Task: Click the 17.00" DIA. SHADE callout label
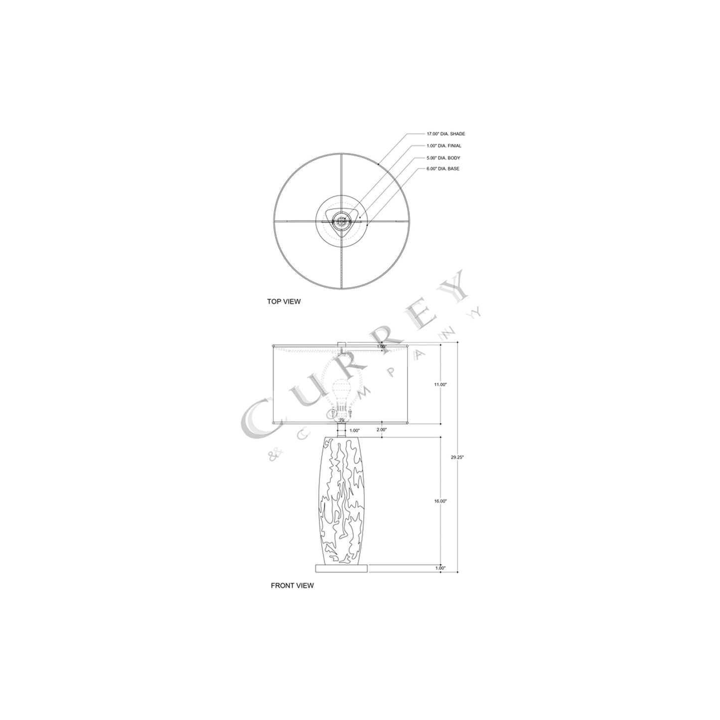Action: tap(445, 134)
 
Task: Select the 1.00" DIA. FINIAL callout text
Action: tap(443, 146)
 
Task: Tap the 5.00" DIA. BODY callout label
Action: tap(442, 158)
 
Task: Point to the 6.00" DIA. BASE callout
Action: tap(442, 169)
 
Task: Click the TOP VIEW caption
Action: tap(284, 301)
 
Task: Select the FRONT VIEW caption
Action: tap(292, 585)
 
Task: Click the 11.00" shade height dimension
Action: tap(440, 385)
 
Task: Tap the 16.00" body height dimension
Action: tap(440, 501)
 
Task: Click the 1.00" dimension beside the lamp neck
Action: tap(354, 430)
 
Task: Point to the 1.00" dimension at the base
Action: tap(440, 568)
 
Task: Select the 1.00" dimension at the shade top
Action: tap(382, 346)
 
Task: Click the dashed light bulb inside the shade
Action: tap(341, 394)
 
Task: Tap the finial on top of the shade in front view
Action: tap(341, 345)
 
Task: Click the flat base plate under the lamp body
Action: tap(341, 568)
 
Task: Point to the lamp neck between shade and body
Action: tap(341, 430)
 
